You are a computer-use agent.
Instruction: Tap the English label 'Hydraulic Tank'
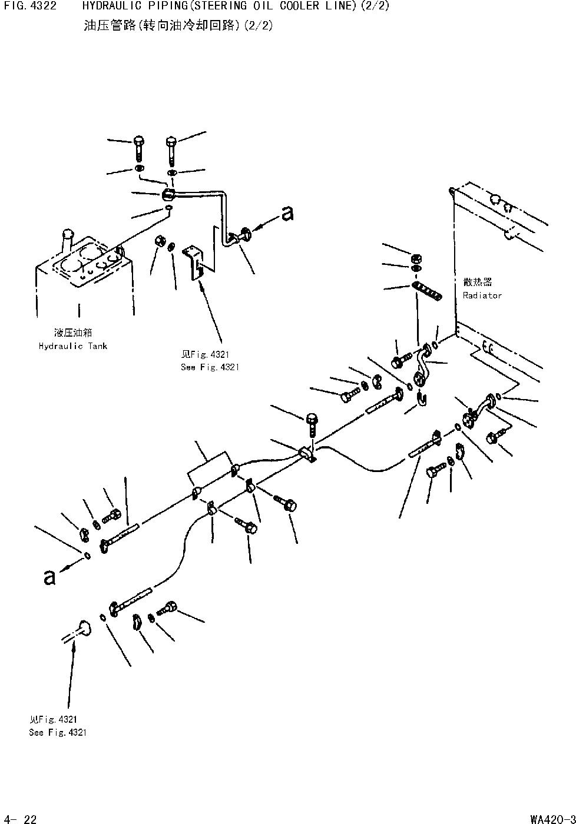click(73, 346)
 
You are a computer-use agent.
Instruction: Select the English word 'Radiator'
click(482, 295)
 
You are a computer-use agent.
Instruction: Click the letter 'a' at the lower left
click(49, 577)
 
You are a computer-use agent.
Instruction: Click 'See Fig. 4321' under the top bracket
click(210, 367)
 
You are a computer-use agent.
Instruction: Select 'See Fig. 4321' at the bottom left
click(58, 733)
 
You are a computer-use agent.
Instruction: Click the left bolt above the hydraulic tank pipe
click(138, 147)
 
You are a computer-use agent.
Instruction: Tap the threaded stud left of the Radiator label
click(427, 290)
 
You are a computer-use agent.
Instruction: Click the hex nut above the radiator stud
click(415, 258)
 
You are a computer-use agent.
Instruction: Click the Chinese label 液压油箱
click(72, 333)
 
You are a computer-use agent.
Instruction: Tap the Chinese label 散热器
click(477, 283)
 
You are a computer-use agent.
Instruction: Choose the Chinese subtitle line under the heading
click(178, 26)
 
